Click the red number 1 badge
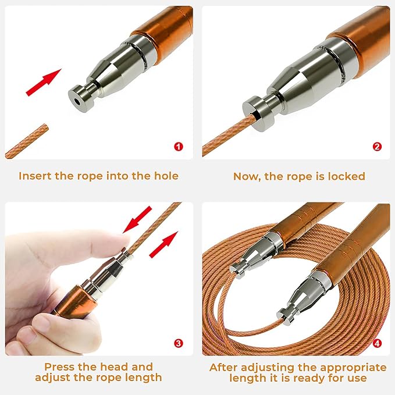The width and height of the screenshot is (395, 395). pos(179,147)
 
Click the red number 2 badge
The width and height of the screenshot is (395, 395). pos(377,147)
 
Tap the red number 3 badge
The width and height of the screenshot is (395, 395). pos(179,343)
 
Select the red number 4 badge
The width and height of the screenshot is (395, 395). pos(377,343)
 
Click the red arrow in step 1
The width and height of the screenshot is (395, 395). pos(44,83)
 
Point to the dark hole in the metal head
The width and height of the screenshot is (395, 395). pos(77,102)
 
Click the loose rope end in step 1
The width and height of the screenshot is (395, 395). pos(27,141)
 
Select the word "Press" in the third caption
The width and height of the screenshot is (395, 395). pos(59,366)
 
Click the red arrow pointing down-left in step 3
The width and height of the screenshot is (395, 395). pos(137,219)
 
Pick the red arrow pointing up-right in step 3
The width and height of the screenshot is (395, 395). pos(163,244)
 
